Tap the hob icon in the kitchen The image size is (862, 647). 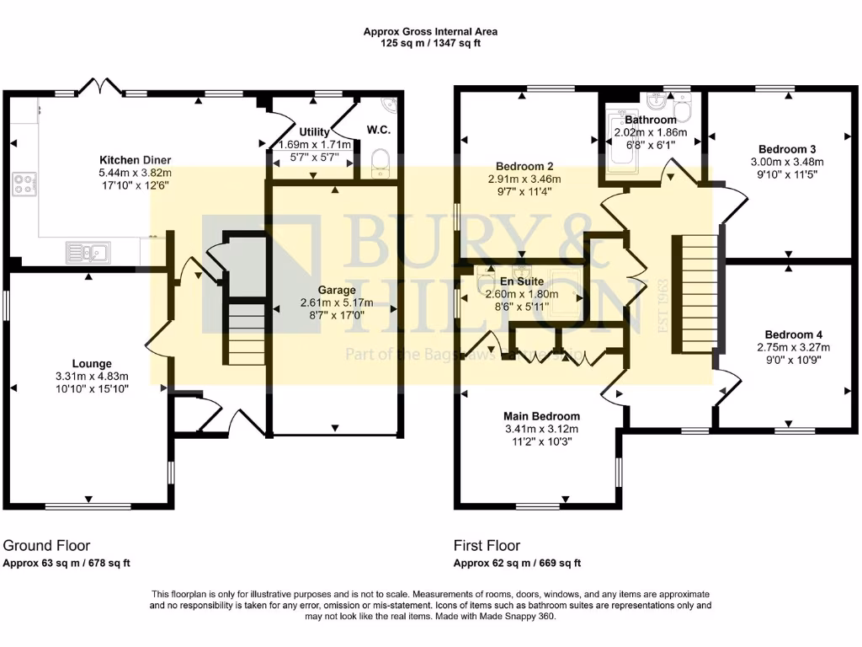pos(23,184)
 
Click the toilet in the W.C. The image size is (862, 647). pos(380,160)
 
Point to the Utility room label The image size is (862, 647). pos(315,132)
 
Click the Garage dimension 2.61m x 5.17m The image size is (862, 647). pos(335,302)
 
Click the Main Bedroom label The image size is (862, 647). pos(541,416)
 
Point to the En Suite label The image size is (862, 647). pos(522,281)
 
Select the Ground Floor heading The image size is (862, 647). pos(47,545)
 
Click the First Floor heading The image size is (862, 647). pos(487,545)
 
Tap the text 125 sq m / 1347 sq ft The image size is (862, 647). pos(430,43)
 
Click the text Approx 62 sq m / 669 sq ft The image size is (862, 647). pos(517,564)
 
